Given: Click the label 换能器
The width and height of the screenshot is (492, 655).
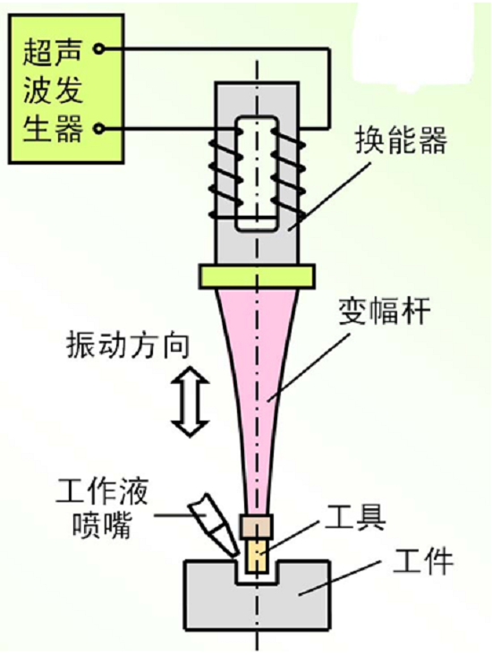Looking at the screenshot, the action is (401, 140).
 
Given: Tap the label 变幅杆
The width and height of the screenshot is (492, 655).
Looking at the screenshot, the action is (385, 311).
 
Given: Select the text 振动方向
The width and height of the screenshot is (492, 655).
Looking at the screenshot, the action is (128, 345).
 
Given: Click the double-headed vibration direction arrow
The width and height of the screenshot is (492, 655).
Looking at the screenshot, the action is (191, 402).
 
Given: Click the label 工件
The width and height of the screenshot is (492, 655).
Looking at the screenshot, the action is (422, 561).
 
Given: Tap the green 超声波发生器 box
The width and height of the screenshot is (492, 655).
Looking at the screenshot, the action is (66, 89).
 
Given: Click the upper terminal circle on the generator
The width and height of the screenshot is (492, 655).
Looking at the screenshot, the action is (99, 49).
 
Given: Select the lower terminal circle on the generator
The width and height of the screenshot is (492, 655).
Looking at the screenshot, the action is (99, 128).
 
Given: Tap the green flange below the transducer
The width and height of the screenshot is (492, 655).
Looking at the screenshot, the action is (257, 276).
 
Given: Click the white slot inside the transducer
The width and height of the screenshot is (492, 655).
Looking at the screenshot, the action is (257, 173).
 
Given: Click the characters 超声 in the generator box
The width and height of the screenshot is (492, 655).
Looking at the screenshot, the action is (52, 52).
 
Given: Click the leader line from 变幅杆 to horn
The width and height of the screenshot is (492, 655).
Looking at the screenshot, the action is (309, 369).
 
